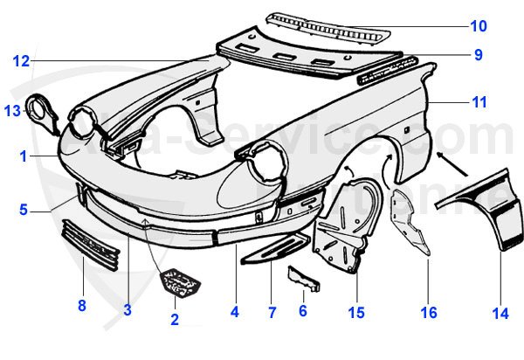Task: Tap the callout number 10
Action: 479,25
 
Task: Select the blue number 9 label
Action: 478,55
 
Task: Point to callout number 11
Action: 479,102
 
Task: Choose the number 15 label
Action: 356,311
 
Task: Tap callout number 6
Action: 303,310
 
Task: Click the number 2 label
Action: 175,320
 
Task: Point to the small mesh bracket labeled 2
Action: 182,282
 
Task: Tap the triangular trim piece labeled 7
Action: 275,249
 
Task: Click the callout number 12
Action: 21,61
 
